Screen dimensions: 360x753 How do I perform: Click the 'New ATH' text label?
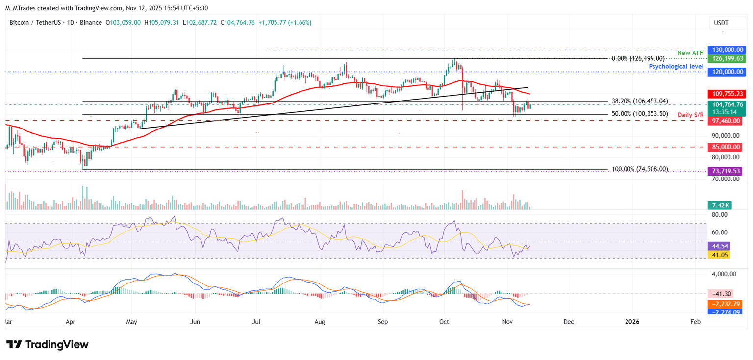pyautogui.click(x=691, y=53)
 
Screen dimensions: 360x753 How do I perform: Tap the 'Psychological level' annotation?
pyautogui.click(x=676, y=66)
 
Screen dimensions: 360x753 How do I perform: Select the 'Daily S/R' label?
pyautogui.click(x=691, y=115)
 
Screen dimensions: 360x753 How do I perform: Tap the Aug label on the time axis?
pyautogui.click(x=320, y=322)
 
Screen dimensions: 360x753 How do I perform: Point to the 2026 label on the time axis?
pyautogui.click(x=632, y=322)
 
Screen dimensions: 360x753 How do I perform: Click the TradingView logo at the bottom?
pyautogui.click(x=47, y=344)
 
